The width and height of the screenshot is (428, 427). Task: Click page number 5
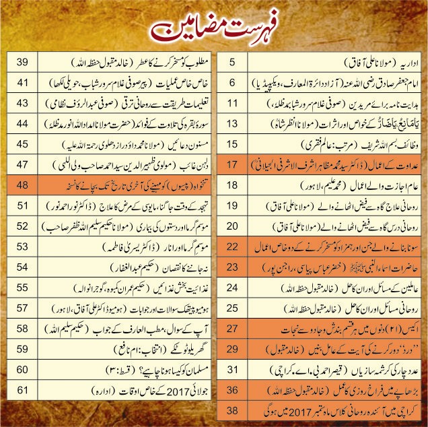click(233, 63)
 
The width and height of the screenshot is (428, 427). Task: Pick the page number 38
click(233, 409)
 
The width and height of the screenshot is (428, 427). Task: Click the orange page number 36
click(233, 389)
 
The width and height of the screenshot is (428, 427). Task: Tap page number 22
click(233, 247)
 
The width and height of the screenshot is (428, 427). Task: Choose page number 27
click(233, 328)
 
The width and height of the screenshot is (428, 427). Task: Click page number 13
click(233, 123)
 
